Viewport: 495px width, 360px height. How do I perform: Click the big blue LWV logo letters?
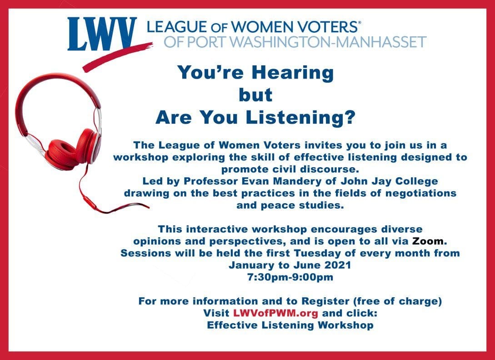[102, 34]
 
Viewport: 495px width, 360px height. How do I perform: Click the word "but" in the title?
[256, 95]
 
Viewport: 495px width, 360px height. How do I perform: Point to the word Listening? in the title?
[300, 117]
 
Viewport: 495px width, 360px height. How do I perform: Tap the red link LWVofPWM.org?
[275, 313]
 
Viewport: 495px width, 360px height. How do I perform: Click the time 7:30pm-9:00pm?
[290, 277]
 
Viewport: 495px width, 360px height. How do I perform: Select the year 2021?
[338, 265]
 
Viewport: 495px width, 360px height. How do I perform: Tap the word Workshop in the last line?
[345, 325]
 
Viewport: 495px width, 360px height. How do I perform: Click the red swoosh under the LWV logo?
[117, 56]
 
